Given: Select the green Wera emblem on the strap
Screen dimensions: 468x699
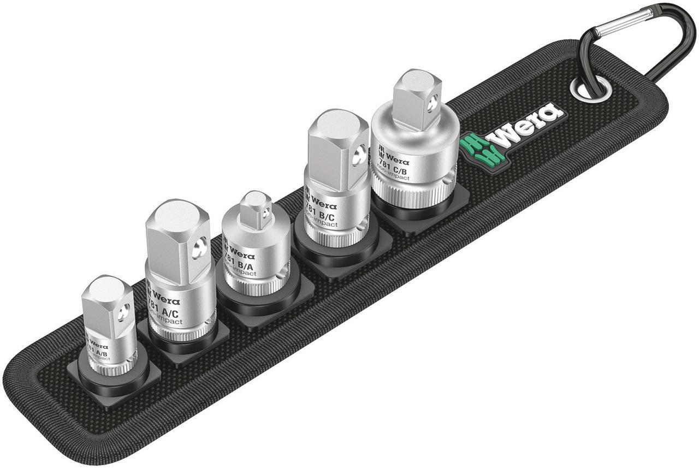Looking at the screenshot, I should (474, 148).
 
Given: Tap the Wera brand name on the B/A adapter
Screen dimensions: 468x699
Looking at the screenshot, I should (241, 254).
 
